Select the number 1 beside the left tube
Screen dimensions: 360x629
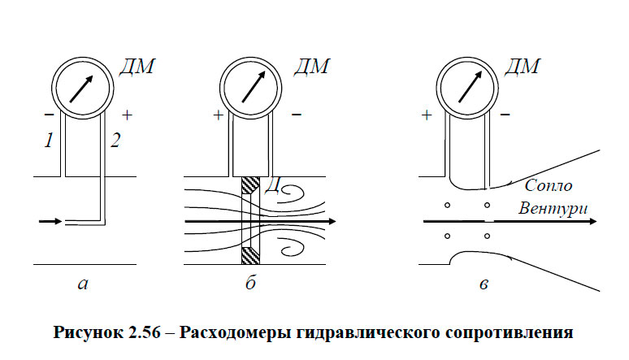(49, 141)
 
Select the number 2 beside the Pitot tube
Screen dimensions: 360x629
(115, 141)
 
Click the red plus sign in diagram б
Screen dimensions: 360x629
(217, 116)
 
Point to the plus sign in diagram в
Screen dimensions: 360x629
(427, 116)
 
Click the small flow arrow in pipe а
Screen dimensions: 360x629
(50, 220)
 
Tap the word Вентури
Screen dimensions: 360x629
(553, 209)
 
